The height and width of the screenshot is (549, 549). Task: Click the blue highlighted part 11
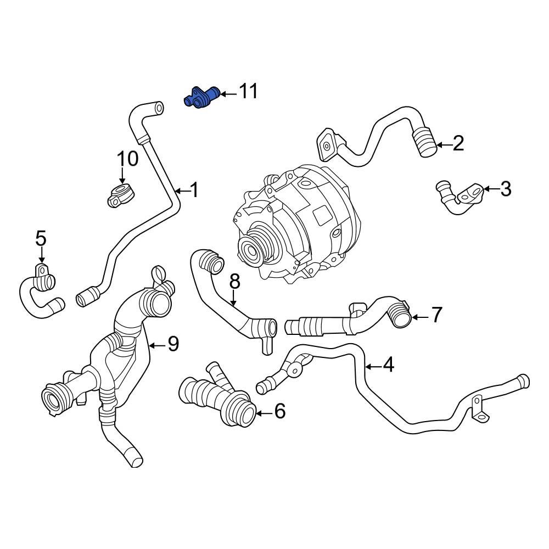201,98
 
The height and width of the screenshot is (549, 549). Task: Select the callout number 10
127,159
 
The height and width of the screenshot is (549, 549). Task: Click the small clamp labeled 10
120,196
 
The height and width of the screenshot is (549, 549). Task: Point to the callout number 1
193,190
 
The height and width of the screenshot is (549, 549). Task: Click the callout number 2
458,144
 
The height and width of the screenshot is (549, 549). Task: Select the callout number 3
505,189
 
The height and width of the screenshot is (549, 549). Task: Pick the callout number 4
388,365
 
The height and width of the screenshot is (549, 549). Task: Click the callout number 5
41,238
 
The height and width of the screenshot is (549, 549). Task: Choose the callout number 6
279,411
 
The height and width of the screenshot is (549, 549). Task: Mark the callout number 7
436,315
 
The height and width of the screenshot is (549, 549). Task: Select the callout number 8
234,282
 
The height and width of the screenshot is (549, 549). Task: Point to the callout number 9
173,344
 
